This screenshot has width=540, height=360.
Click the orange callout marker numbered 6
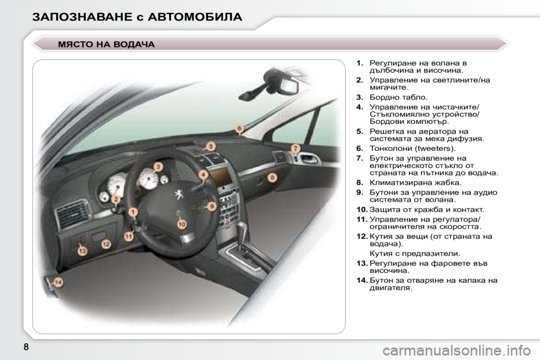click(240, 128)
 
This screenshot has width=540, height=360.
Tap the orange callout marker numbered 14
click(58, 283)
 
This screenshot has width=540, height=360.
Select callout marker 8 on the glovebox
click(272, 178)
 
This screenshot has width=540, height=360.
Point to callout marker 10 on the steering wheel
click(182, 224)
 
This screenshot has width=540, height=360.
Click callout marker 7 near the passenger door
click(295, 148)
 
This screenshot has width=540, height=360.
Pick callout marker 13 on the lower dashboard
click(82, 251)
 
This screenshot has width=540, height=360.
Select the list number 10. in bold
click(362, 209)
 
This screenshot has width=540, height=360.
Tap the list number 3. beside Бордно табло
click(360, 97)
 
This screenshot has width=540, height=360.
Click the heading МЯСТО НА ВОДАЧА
click(107, 44)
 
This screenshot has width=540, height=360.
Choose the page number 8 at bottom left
click(26, 346)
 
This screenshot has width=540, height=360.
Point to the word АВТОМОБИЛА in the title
click(195, 17)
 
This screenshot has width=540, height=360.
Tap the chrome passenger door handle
click(309, 159)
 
